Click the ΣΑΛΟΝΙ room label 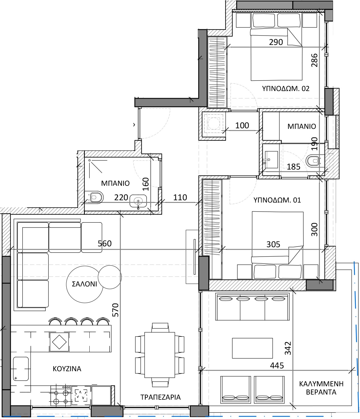[84, 284]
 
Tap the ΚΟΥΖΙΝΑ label [67, 369]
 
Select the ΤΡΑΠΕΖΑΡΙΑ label [161, 397]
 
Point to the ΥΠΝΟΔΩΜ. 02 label [285, 88]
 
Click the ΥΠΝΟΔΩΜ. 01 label [277, 200]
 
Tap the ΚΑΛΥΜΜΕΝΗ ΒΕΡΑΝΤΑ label [321, 388]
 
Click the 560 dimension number [105, 243]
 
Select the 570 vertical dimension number [116, 310]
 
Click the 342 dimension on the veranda [288, 348]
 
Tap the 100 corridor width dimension [242, 125]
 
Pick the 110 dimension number [180, 197]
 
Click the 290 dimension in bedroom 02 [276, 42]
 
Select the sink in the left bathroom [138, 201]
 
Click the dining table [160, 355]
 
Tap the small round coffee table [110, 277]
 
